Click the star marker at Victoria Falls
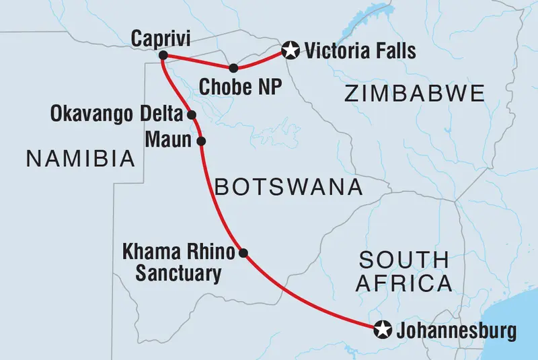pyautogui.click(x=290, y=49)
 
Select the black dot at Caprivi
pyautogui.click(x=163, y=57)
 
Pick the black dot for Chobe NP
pyautogui.click(x=233, y=68)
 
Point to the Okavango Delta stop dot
pyautogui.click(x=192, y=115)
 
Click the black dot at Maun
pyautogui.click(x=200, y=141)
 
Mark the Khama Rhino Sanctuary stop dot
pyautogui.click(x=243, y=254)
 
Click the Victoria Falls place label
pyautogui.click(x=360, y=50)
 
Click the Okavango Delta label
pyautogui.click(x=116, y=115)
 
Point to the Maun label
pyautogui.click(x=170, y=141)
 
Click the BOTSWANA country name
pyautogui.click(x=288, y=186)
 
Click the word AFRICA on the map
pyautogui.click(x=404, y=285)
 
